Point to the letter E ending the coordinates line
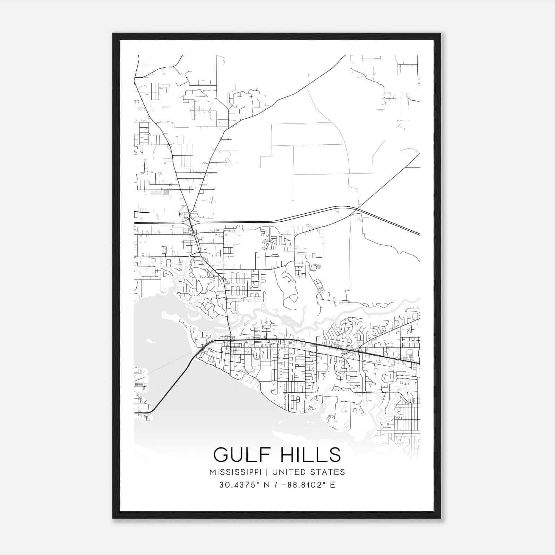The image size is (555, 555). (332, 485)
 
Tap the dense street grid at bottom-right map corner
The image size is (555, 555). (406, 430)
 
